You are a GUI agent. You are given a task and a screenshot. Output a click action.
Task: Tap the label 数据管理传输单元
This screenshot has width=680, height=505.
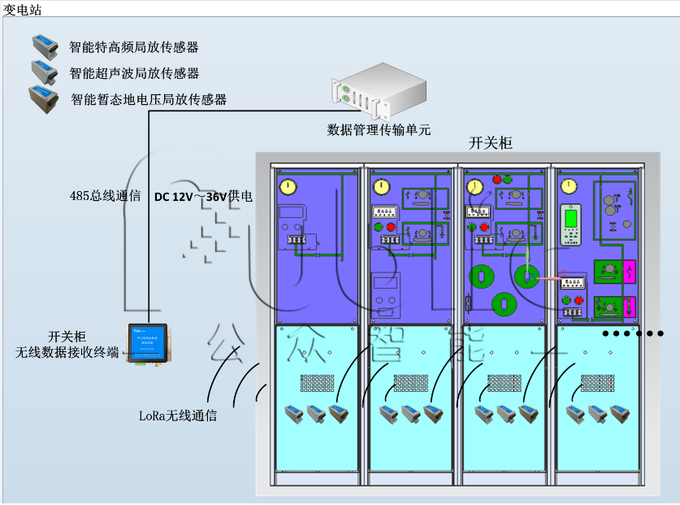(379, 129)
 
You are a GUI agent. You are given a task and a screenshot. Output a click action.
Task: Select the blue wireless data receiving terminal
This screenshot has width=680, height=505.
(149, 342)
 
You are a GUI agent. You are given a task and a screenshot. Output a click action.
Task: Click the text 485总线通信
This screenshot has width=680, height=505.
(105, 196)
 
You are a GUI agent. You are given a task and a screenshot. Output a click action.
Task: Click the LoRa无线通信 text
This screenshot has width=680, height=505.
(177, 415)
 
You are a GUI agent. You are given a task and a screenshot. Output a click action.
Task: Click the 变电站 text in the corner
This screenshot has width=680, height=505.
(22, 10)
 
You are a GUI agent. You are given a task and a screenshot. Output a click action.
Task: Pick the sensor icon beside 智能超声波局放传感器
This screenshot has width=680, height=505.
(43, 71)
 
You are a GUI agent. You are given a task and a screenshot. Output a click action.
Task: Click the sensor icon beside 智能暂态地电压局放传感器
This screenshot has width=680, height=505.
(43, 98)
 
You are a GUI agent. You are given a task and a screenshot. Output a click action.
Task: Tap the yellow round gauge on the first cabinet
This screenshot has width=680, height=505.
(287, 187)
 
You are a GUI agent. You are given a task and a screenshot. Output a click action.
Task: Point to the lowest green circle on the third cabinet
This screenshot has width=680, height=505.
(504, 304)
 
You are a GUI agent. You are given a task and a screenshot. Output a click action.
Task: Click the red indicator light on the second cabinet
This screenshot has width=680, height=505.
(391, 227)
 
